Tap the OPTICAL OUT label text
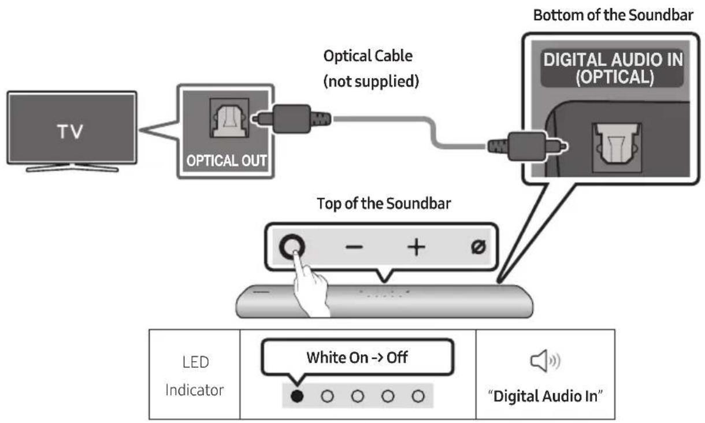225,160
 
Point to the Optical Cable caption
368,57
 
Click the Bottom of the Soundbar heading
613,15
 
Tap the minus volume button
354,247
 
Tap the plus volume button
415,247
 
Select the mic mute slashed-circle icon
478,247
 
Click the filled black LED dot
297,396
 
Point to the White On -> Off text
357,358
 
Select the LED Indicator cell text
194,376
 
